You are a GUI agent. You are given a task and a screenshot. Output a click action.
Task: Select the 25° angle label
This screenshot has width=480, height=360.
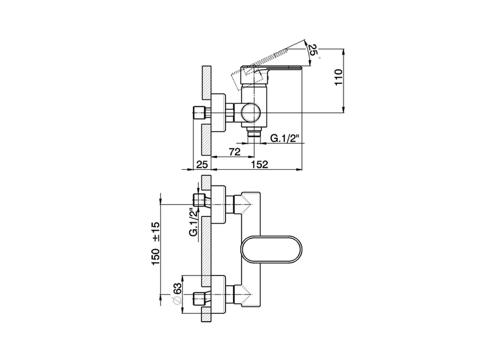point(312,49)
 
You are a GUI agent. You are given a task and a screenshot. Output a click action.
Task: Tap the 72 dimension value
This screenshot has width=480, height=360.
point(234,152)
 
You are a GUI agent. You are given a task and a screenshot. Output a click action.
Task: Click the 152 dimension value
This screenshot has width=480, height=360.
point(260,164)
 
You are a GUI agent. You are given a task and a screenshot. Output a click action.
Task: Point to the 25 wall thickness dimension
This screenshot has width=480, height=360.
point(202,164)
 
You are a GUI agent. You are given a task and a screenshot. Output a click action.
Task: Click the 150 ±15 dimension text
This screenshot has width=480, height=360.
point(156,243)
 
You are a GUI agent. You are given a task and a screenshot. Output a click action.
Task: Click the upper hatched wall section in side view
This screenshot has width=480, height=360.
point(206,82)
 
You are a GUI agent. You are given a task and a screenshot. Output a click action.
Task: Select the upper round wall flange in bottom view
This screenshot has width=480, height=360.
point(219,204)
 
